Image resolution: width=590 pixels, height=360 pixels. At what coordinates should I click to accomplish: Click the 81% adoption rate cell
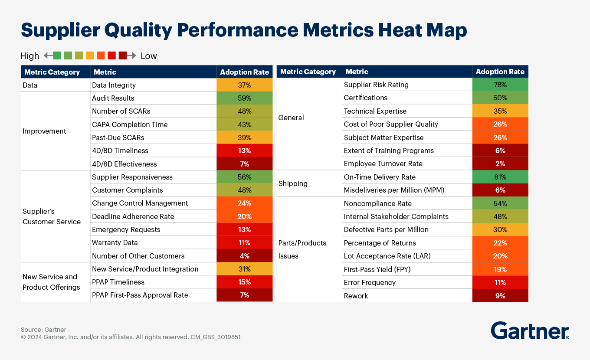click(500, 177)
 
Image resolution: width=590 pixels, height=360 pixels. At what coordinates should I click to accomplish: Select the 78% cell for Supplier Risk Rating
click(500, 85)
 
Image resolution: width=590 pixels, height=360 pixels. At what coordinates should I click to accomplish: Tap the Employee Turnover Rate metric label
click(383, 164)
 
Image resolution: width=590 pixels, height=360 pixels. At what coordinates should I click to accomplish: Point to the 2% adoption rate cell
click(500, 164)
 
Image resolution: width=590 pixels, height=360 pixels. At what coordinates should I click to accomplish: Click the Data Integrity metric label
click(114, 85)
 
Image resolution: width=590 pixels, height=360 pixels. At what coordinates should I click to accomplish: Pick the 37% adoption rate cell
click(245, 85)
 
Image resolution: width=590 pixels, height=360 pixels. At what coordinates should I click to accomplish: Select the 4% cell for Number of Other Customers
click(245, 256)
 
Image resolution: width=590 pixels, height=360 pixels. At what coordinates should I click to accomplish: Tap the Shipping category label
click(293, 183)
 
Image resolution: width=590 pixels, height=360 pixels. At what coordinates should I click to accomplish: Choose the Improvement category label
click(44, 131)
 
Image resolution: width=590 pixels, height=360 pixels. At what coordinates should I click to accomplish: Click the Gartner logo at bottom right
click(530, 331)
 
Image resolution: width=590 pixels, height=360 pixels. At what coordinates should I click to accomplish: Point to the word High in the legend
click(29, 56)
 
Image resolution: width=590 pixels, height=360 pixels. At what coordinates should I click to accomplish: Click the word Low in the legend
click(149, 56)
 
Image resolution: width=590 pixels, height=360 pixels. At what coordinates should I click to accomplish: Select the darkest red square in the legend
click(122, 56)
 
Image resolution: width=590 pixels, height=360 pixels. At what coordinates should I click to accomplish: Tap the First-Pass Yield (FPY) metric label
click(377, 269)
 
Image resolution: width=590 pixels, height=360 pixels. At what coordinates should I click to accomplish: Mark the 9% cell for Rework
click(500, 296)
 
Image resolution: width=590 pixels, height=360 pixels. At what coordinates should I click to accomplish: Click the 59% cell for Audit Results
click(245, 98)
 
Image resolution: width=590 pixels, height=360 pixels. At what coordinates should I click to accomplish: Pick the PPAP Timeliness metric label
click(118, 282)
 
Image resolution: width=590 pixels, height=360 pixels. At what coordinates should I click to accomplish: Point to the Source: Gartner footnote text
click(43, 330)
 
